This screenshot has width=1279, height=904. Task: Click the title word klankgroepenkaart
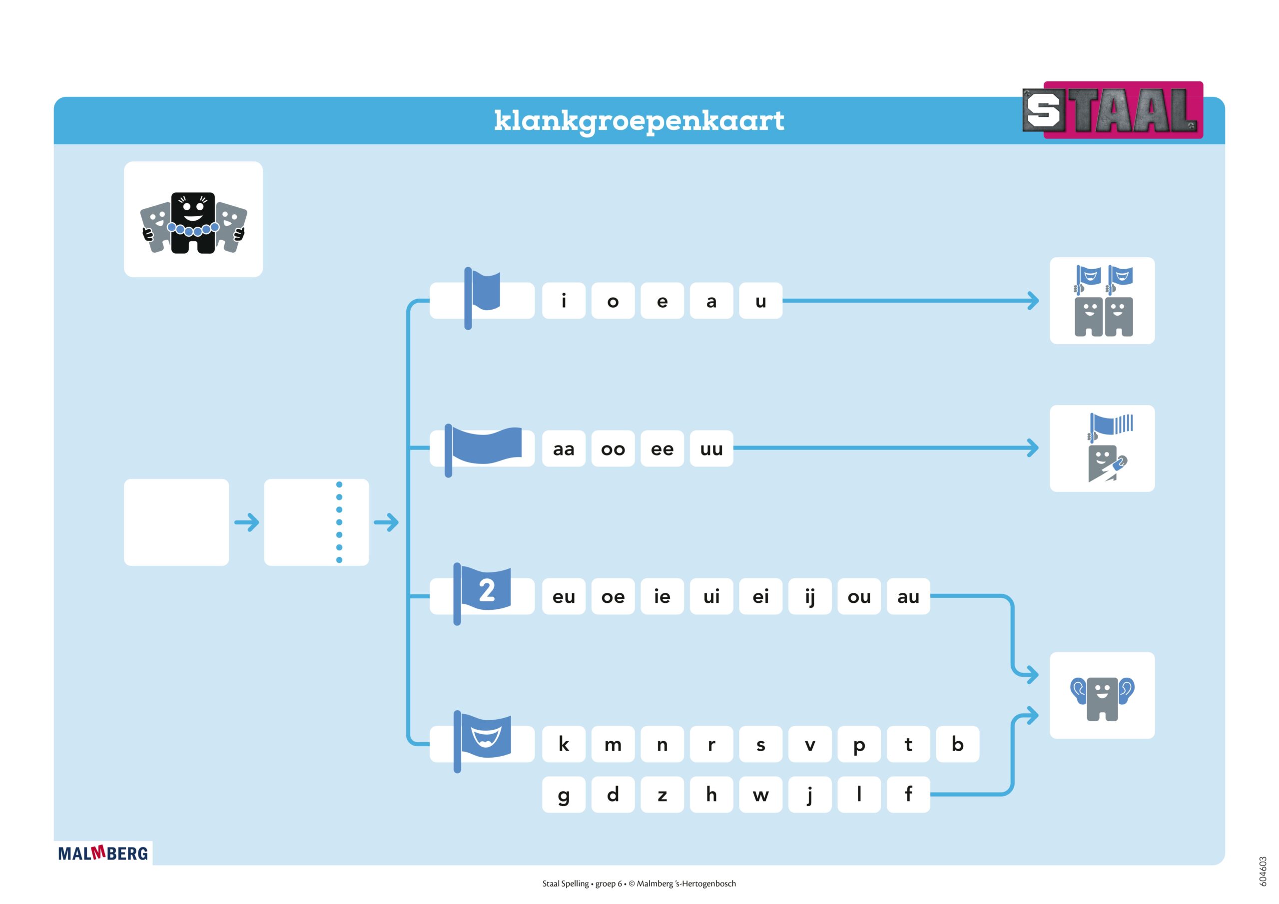(639, 121)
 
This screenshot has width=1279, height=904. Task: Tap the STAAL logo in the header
(1113, 110)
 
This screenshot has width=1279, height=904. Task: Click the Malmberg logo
(103, 854)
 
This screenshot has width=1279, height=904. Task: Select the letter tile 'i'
(563, 301)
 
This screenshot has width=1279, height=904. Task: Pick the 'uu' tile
(711, 449)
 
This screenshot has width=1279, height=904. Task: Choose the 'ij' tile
(809, 596)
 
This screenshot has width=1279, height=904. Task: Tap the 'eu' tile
(563, 596)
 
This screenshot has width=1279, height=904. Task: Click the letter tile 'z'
(662, 794)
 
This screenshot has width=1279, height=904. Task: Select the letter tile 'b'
(957, 744)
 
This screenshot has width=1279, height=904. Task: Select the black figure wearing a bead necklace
(193, 223)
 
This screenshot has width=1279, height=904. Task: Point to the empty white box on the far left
(176, 522)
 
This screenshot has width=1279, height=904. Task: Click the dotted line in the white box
(339, 522)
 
